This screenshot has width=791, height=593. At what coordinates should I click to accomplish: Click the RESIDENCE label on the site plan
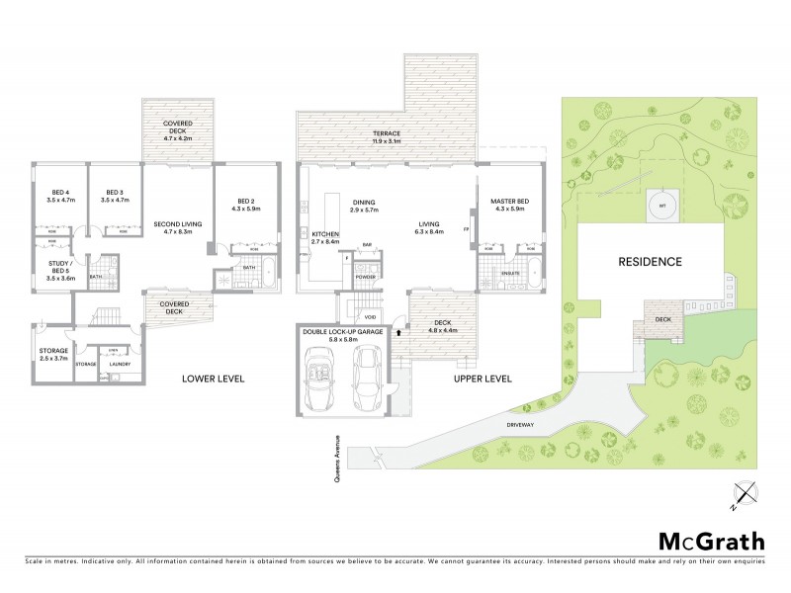click(x=651, y=262)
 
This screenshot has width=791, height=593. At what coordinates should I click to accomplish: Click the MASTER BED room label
click(x=510, y=203)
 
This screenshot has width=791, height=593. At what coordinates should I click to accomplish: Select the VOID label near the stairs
click(x=370, y=317)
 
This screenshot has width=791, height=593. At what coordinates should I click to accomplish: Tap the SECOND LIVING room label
click(x=178, y=224)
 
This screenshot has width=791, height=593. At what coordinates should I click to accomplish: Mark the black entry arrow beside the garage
click(x=398, y=333)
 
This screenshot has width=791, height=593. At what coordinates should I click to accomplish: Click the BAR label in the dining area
click(x=366, y=244)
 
